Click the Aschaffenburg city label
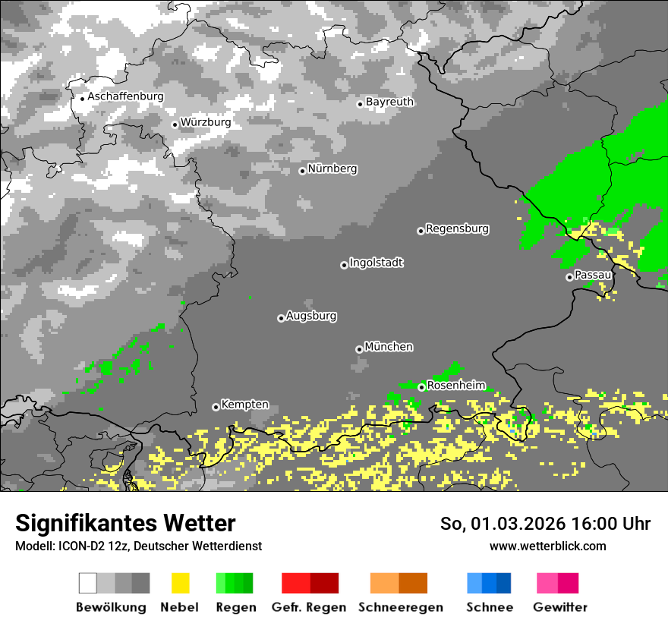(x=125, y=96)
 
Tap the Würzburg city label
(x=206, y=122)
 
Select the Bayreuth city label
(x=389, y=102)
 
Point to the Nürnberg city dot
(x=302, y=171)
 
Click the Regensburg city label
(x=457, y=228)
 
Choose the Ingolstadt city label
(x=376, y=263)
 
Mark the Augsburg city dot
(x=281, y=318)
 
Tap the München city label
(x=389, y=347)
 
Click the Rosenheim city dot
(x=421, y=387)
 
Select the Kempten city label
(x=244, y=405)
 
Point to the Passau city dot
(x=569, y=277)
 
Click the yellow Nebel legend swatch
(x=180, y=583)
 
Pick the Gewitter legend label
(x=559, y=607)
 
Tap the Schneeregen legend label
(x=400, y=607)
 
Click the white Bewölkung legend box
(x=88, y=583)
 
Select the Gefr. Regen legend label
(x=308, y=607)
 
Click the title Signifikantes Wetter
(x=125, y=523)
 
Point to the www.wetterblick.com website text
(x=547, y=546)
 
